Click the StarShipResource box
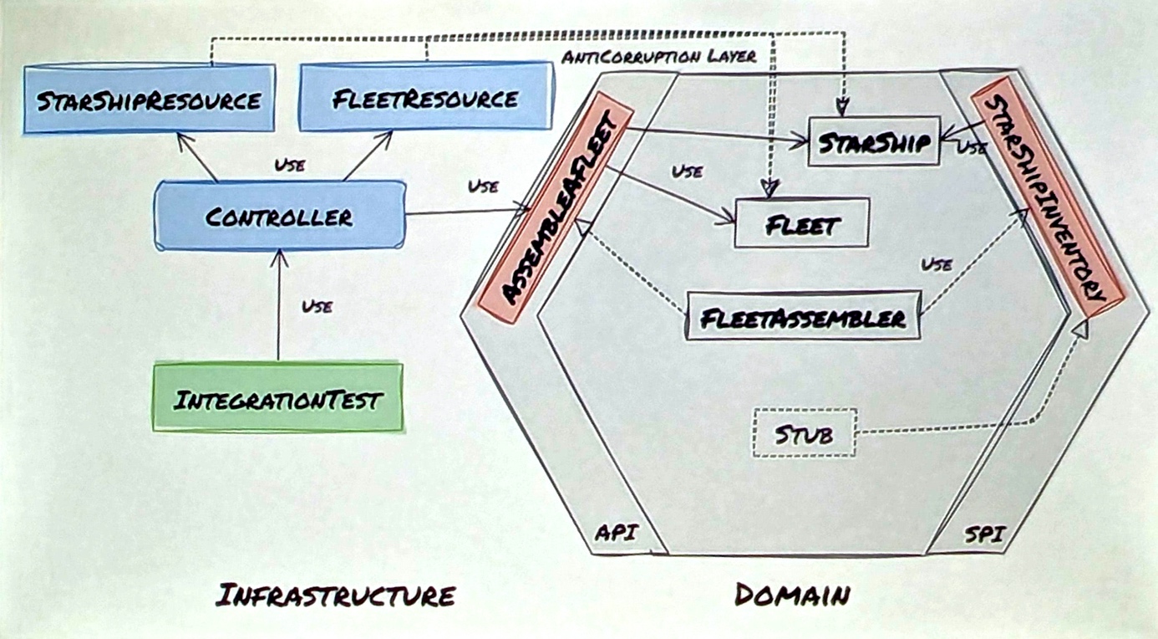tap(149, 100)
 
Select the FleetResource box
tap(424, 99)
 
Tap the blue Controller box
tap(279, 216)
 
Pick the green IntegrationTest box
tap(277, 398)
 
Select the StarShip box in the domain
tap(874, 141)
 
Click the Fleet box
tap(801, 223)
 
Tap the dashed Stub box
tap(804, 433)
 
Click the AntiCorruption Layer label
tap(659, 57)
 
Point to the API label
tap(616, 533)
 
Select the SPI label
tap(983, 533)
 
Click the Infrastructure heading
tap(335, 596)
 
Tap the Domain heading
tap(792, 595)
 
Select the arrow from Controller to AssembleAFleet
tap(468, 211)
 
